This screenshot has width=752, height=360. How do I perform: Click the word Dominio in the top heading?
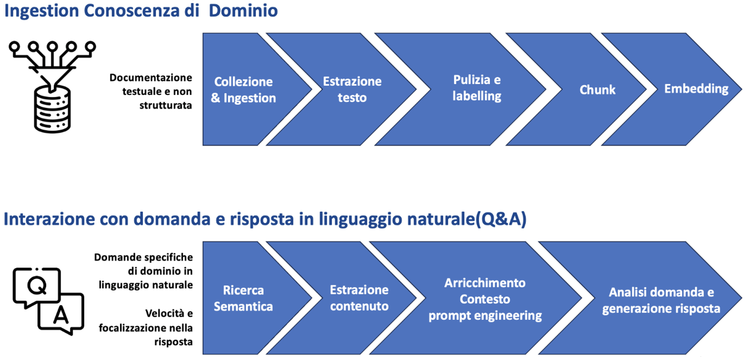pos(243,11)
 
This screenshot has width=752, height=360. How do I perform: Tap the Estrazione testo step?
pos(347,89)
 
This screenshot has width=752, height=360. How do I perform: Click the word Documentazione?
pos(151,78)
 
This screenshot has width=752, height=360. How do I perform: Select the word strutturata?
pos(166,105)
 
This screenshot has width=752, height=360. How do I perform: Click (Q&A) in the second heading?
pos(501,219)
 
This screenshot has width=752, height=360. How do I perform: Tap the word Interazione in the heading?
pos(49,219)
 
